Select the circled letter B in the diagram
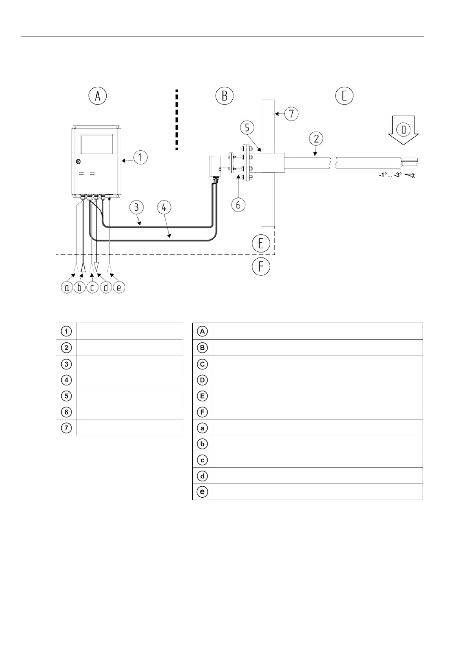coord(225,96)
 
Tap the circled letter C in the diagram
coord(345,96)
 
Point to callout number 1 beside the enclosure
coord(140,158)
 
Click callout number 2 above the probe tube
coord(316,138)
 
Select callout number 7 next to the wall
coord(291,114)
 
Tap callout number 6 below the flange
coord(238,204)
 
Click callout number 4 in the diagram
coord(164,208)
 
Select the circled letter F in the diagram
coord(261,267)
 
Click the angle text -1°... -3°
coord(390,175)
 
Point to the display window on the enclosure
coord(97,144)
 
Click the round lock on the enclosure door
coord(78,161)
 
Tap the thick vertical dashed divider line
coord(177,120)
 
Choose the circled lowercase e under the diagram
coord(119,288)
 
